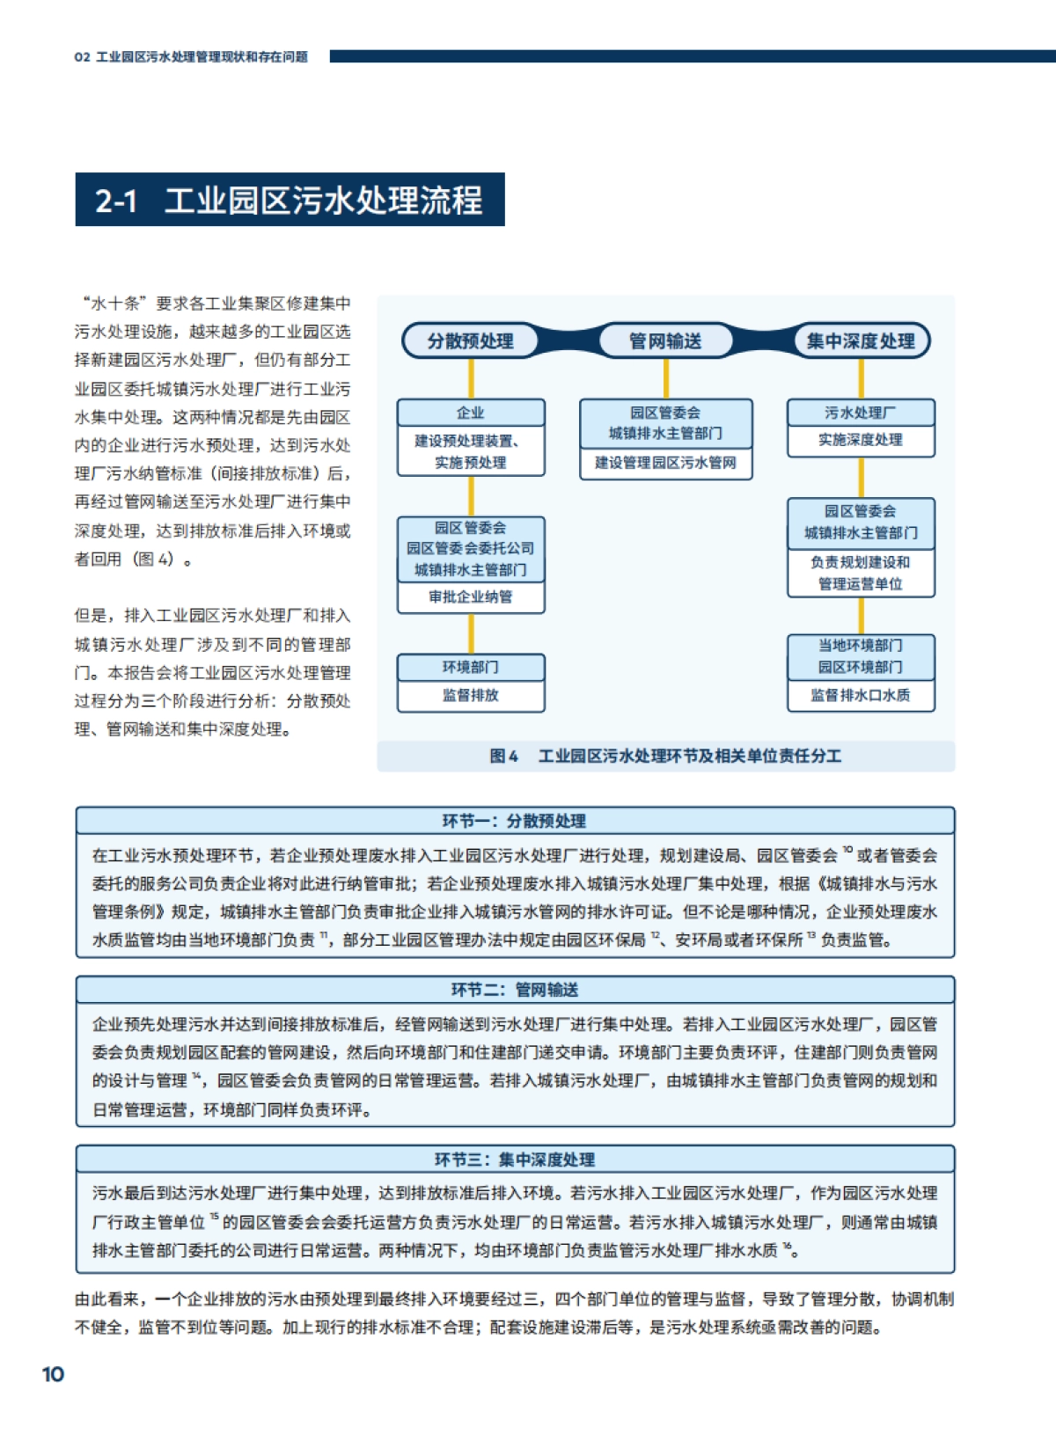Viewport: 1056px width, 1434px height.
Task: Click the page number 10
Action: pos(53,1374)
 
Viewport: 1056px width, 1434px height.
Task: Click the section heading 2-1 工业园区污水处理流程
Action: pos(290,200)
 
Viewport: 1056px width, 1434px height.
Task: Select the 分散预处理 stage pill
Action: pos(470,341)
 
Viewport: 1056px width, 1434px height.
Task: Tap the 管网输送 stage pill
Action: pos(665,341)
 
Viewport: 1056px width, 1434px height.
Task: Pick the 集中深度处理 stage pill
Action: pos(861,341)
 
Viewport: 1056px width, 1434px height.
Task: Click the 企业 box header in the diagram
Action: pos(471,413)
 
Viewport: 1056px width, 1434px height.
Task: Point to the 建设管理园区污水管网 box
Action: pos(665,464)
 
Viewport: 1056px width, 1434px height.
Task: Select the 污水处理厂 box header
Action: pos(861,413)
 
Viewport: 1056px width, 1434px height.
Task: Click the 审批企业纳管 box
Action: pos(471,597)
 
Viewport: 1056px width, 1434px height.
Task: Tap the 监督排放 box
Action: pos(471,695)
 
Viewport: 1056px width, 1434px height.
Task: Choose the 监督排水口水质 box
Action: pos(861,695)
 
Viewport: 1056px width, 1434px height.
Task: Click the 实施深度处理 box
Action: pos(861,440)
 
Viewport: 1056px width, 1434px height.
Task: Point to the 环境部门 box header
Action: pos(471,667)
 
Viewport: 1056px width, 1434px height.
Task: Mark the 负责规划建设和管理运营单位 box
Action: pos(861,573)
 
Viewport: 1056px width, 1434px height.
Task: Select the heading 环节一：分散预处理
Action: pos(515,821)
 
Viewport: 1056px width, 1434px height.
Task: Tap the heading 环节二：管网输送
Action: pos(515,990)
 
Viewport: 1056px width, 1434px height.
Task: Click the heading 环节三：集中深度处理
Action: pos(515,1160)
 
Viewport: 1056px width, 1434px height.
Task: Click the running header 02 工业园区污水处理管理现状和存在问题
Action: pos(191,56)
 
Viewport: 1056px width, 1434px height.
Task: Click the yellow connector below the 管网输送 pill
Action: pos(665,378)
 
